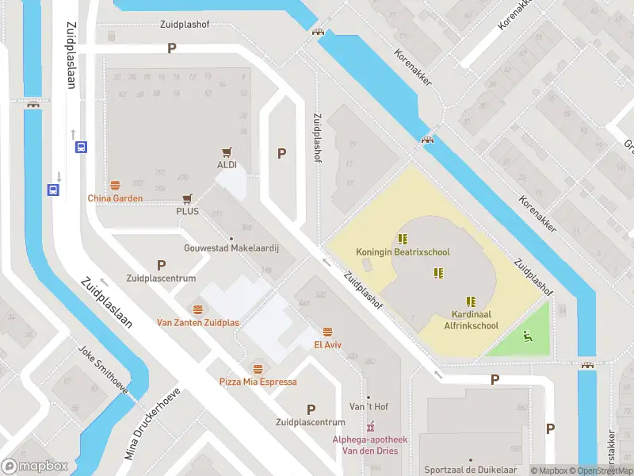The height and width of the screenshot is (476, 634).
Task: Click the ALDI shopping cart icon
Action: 227,152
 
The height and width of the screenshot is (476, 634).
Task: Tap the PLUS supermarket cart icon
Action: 187,199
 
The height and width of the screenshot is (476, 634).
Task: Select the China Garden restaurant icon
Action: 115,185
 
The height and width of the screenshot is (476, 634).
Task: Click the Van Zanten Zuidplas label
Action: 197,322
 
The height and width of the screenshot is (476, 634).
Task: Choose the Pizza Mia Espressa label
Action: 258,382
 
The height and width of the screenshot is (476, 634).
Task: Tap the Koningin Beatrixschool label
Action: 403,252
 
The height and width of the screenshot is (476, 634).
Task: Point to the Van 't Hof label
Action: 369,407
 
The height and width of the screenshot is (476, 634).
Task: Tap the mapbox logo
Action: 34,466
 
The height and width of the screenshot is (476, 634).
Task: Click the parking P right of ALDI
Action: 281,154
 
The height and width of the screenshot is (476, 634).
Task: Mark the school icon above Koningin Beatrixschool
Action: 403,238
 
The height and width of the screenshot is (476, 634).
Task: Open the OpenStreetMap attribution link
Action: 606,470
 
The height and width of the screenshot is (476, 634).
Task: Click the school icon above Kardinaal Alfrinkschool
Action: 471,301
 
